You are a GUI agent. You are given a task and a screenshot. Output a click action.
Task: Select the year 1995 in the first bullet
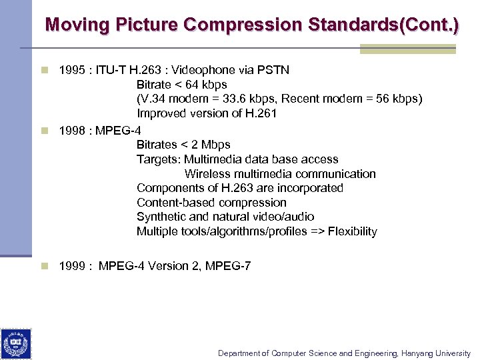[71, 70]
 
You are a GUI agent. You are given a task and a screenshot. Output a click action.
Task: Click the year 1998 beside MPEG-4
[71, 130]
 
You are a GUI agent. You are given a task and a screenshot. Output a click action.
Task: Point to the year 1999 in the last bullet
[71, 266]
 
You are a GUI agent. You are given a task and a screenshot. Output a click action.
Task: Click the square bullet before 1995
[44, 70]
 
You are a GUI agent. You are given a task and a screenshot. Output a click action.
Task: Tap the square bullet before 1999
[44, 266]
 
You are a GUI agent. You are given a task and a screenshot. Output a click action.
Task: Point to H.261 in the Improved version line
[261, 113]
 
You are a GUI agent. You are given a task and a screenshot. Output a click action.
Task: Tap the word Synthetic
[161, 217]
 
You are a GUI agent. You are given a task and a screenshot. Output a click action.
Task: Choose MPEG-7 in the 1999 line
[228, 266]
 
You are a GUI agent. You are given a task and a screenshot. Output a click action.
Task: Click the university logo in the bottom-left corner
[16, 343]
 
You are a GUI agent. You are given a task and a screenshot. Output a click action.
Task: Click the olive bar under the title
[407, 49]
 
